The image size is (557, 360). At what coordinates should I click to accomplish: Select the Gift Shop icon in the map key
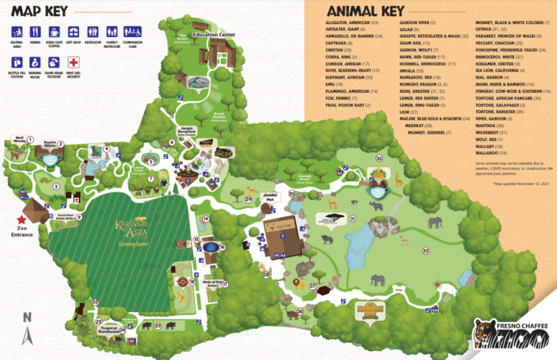pos(73,32)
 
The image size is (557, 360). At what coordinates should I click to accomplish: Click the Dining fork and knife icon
pos(35,32)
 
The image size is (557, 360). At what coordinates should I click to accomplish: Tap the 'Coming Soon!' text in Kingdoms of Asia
pos(135,244)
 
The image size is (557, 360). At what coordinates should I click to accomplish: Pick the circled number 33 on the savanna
pos(426,250)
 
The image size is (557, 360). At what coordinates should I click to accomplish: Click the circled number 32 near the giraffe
pos(379,157)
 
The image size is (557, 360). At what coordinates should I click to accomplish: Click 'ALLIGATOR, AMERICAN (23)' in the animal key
pos(352,24)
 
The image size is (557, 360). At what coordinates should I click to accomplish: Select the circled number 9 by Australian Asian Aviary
pos(79,216)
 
